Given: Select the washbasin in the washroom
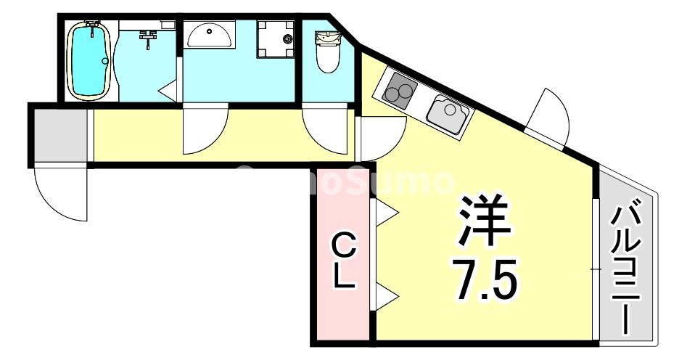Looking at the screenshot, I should (x=208, y=33).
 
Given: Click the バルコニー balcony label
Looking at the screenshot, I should (x=627, y=269).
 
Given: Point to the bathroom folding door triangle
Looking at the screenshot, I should (x=169, y=90).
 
